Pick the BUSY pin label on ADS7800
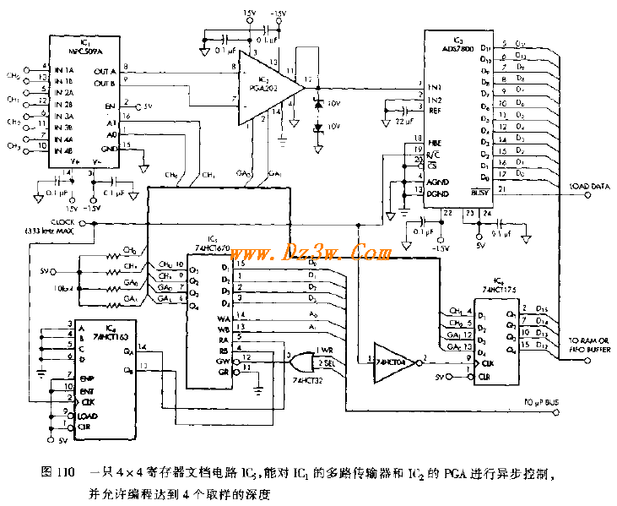(480, 193)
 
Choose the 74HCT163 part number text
(112, 335)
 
